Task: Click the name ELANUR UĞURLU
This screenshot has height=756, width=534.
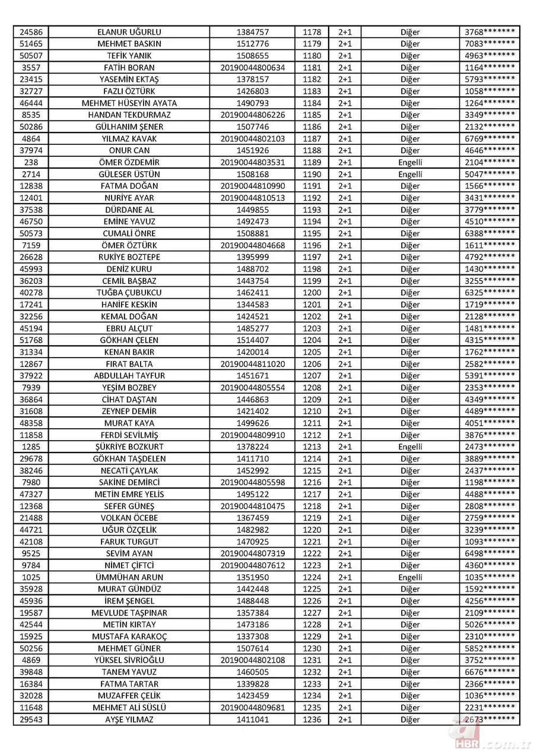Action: (129, 32)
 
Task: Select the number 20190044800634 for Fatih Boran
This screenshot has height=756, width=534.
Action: (252, 68)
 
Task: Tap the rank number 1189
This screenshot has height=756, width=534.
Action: (311, 162)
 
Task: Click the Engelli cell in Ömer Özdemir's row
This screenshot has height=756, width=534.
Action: (410, 162)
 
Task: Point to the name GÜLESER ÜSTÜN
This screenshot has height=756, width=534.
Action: (129, 174)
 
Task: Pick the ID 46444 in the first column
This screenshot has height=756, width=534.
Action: (30, 103)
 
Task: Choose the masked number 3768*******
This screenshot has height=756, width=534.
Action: (490, 32)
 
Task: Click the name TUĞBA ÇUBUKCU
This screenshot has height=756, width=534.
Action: (129, 293)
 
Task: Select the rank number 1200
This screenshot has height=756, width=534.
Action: (311, 293)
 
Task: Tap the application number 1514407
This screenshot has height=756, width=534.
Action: (252, 340)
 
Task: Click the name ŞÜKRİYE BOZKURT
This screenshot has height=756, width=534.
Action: (129, 447)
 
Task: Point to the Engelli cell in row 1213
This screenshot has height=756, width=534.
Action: (410, 447)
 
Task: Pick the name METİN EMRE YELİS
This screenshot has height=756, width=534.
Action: (129, 494)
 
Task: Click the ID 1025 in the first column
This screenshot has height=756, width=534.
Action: (30, 577)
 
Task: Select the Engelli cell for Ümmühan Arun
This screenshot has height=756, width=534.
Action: (410, 577)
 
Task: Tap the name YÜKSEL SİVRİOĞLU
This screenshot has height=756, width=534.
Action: (129, 660)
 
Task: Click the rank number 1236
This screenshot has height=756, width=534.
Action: (311, 719)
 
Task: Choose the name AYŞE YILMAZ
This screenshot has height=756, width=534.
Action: (129, 719)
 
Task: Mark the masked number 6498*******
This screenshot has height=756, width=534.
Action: (490, 553)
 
